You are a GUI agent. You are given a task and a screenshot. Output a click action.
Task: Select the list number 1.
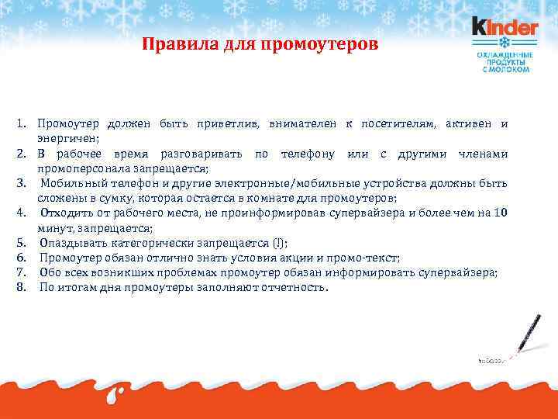click(22, 124)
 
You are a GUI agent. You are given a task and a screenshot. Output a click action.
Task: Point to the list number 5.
click(22, 243)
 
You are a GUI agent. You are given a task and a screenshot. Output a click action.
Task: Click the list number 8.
click(22, 287)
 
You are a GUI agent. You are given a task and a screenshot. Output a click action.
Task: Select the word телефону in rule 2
click(308, 154)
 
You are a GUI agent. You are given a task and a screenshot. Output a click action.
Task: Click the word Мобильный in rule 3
click(73, 183)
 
